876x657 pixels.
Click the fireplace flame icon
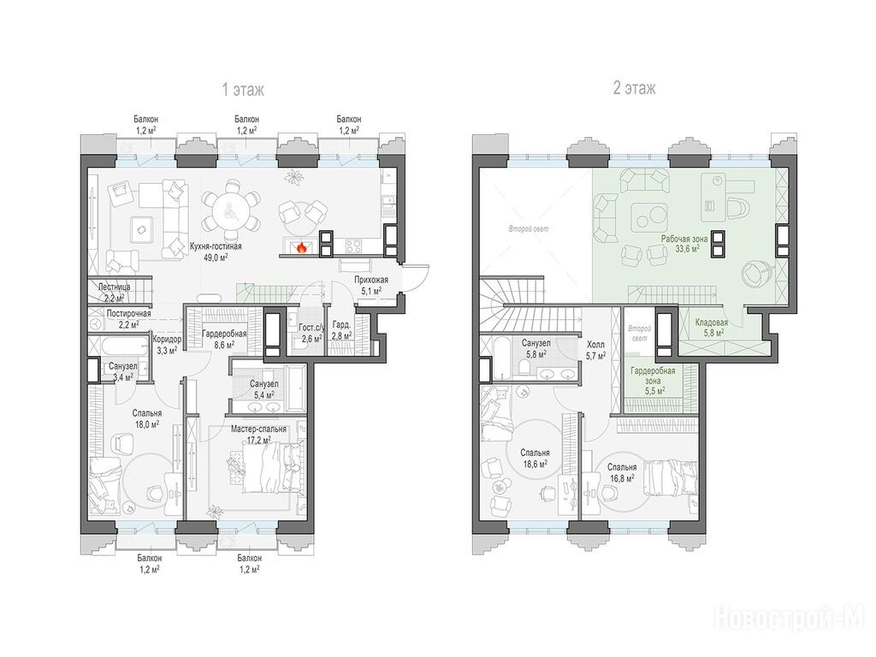[301, 247]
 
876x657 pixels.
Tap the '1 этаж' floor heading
[243, 89]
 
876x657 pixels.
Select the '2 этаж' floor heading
[634, 88]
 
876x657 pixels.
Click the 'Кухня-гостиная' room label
[216, 246]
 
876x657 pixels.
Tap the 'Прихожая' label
[371, 280]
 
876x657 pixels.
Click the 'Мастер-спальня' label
[258, 429]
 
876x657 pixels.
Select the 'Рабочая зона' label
[684, 239]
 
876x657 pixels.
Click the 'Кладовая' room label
[711, 323]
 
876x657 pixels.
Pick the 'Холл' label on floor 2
[595, 345]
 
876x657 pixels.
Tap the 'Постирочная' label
[128, 313]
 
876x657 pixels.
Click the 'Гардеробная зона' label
[653, 376]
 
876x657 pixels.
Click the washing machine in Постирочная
[96, 323]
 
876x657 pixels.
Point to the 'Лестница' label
[114, 287]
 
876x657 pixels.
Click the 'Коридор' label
[167, 339]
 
